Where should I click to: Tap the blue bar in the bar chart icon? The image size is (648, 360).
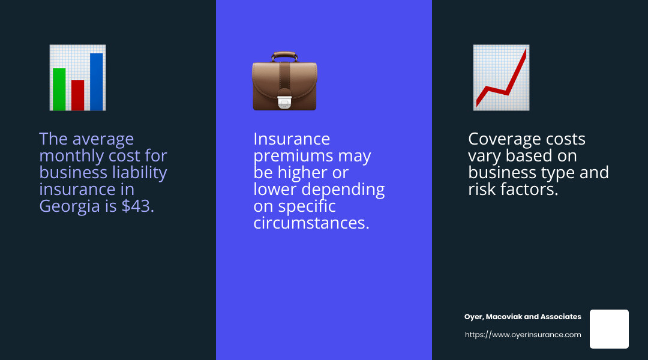[96, 82]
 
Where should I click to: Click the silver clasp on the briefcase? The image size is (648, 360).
[284, 103]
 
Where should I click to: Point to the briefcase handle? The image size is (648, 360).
[284, 56]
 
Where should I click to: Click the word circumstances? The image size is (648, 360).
[311, 223]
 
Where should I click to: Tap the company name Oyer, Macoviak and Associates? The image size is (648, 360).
[523, 317]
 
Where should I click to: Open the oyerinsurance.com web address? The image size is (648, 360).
[523, 335]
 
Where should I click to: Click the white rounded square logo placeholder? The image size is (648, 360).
[609, 329]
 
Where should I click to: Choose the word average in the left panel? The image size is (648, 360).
[103, 139]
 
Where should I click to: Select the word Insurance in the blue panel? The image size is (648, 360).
[292, 139]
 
